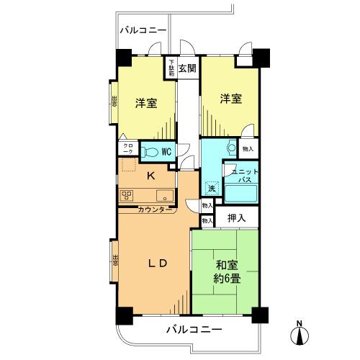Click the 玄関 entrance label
coord(187,68)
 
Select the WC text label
coord(166,151)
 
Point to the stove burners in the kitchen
coord(127,194)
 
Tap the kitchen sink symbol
coord(162,194)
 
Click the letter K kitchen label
coord(151,176)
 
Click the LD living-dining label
coord(158,263)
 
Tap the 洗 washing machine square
coord(212,189)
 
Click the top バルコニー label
coord(143,30)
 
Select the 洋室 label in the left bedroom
coord(146,103)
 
